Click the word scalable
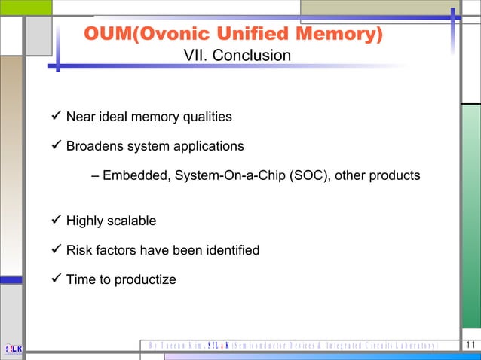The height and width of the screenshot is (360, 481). pyautogui.click(x=131, y=221)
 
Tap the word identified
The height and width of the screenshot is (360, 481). pyautogui.click(x=231, y=250)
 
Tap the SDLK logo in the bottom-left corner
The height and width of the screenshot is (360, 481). pyautogui.click(x=13, y=350)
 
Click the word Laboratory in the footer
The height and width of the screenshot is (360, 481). pyautogui.click(x=412, y=347)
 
